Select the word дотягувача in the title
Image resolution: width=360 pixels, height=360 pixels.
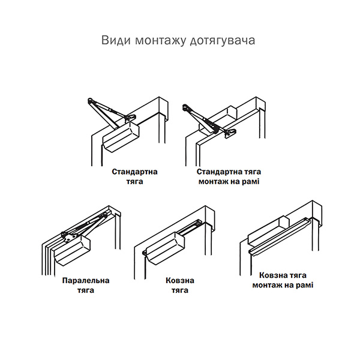point(223,41)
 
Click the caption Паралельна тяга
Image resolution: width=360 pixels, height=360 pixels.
point(86,286)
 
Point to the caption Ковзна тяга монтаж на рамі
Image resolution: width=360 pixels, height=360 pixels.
point(283,280)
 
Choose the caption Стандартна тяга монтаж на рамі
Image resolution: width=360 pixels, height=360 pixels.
point(229,177)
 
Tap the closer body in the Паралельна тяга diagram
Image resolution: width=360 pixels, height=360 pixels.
point(73,251)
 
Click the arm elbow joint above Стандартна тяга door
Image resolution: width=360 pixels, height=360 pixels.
point(91,101)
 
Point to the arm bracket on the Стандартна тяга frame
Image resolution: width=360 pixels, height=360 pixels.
point(131,117)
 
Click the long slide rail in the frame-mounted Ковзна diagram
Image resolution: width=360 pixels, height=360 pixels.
point(280,236)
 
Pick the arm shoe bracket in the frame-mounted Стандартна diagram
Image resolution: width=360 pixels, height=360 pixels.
point(230,133)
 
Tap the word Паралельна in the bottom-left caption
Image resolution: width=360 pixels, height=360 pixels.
point(86,281)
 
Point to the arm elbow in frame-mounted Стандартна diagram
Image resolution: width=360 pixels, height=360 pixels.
point(185,107)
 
